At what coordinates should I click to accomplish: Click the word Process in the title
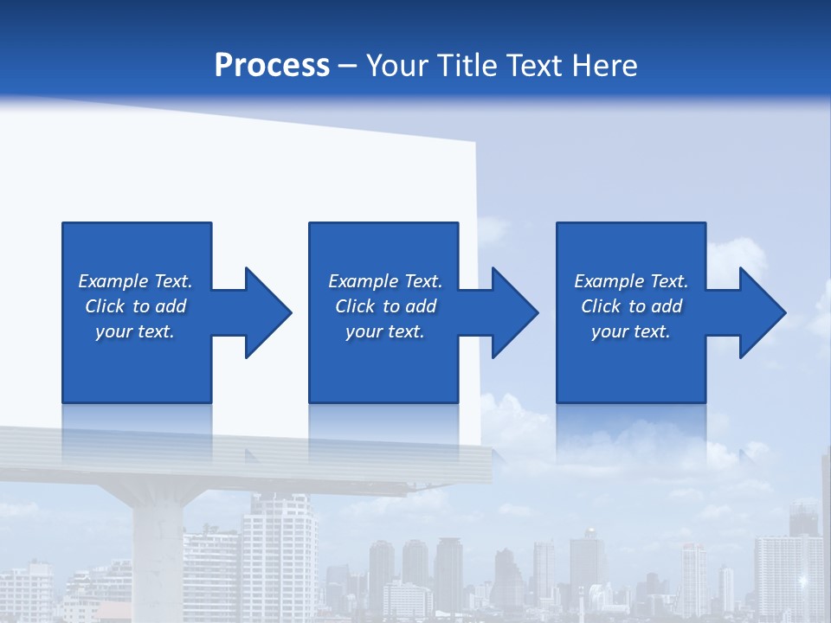(272, 66)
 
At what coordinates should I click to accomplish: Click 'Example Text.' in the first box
(135, 281)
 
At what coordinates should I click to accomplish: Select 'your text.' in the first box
(135, 331)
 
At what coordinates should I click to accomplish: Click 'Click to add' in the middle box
(385, 306)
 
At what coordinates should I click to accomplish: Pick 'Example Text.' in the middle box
(385, 281)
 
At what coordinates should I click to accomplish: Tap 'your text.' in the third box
(631, 331)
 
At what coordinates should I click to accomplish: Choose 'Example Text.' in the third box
(631, 281)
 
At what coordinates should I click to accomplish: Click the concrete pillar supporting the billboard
(158, 554)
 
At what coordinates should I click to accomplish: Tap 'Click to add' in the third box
(631, 306)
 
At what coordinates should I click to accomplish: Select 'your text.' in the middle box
(385, 331)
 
